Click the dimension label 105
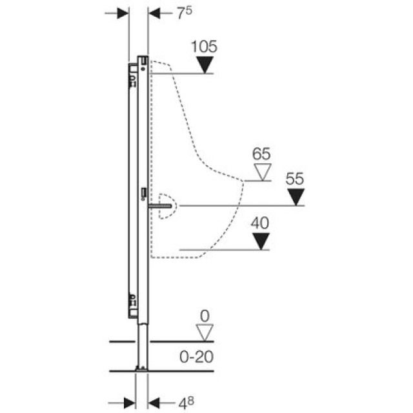pyautogui.click(x=205, y=46)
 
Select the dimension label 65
pyautogui.click(x=262, y=155)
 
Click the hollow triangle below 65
pyautogui.click(x=262, y=172)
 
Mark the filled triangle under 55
pyautogui.click(x=295, y=197)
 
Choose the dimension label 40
pyautogui.click(x=260, y=223)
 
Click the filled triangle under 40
pyautogui.click(x=260, y=241)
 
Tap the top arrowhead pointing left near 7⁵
pyautogui.click(x=156, y=14)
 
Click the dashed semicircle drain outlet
pyautogui.click(x=166, y=206)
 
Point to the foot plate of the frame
pyautogui.click(x=140, y=368)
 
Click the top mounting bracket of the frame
pyautogui.click(x=142, y=63)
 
